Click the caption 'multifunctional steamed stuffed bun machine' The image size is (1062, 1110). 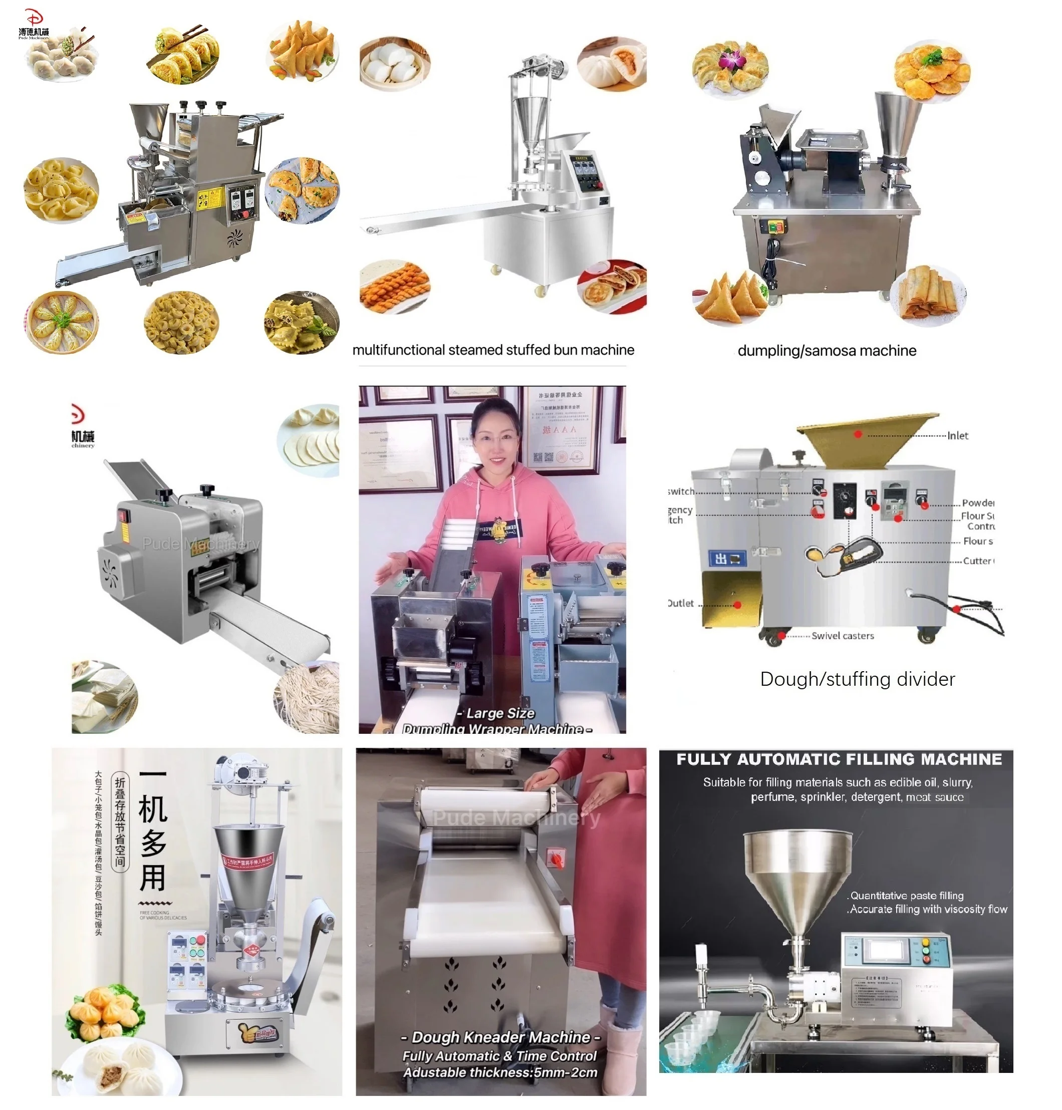click(493, 350)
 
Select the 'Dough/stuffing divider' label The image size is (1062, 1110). click(857, 679)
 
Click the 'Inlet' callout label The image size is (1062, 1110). click(957, 435)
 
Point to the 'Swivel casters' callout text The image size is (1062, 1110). click(843, 636)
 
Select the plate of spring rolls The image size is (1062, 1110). click(928, 296)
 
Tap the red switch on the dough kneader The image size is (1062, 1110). click(556, 859)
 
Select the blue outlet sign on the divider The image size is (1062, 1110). click(727, 559)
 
